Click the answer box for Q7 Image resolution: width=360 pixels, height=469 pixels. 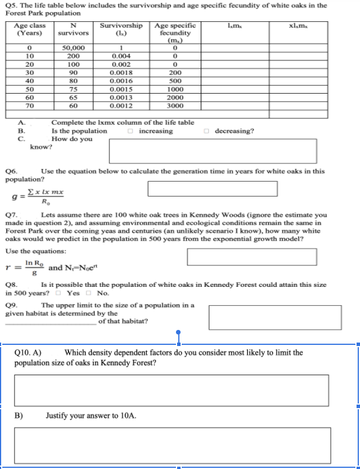point(252,257)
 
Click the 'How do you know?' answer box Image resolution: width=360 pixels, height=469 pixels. point(212,151)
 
